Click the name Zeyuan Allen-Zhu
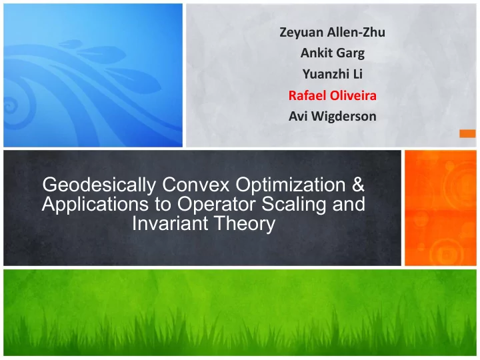332,32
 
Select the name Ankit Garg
333,53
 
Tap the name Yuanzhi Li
333,74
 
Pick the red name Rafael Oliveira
333,95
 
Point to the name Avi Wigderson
333,116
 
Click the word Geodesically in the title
99,185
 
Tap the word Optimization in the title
290,185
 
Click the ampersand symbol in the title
358,185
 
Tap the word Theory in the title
241,224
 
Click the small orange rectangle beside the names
467,134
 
